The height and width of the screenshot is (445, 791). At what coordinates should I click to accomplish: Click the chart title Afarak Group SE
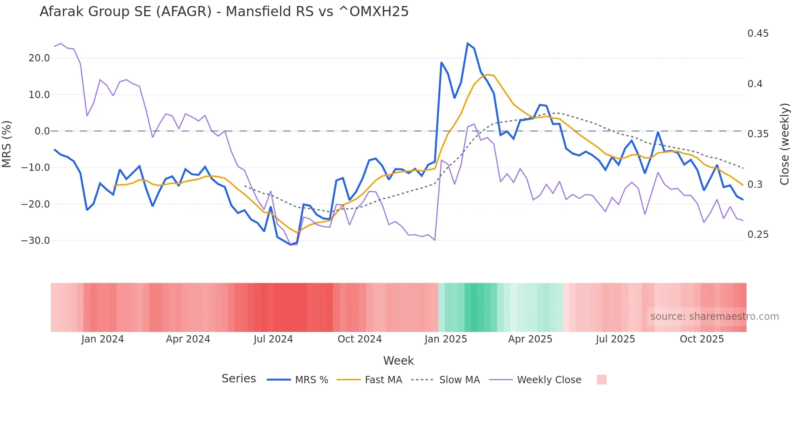pyautogui.click(x=224, y=12)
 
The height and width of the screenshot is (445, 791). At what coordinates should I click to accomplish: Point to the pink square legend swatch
pyautogui.click(x=601, y=380)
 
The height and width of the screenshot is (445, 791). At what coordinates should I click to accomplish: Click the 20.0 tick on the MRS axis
pyautogui.click(x=39, y=58)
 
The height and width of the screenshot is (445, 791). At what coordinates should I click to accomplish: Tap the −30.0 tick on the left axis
pyautogui.click(x=36, y=241)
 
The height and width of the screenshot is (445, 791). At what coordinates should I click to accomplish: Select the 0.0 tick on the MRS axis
pyautogui.click(x=42, y=131)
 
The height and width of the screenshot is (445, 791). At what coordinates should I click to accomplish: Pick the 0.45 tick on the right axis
pyautogui.click(x=758, y=34)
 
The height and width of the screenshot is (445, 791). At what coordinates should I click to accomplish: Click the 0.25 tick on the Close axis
pyautogui.click(x=758, y=235)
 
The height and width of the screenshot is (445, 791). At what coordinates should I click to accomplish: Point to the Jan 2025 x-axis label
pyautogui.click(x=446, y=339)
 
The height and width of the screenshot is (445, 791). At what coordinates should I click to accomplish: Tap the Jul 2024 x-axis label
pyautogui.click(x=273, y=339)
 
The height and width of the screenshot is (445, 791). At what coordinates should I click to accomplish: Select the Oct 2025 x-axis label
pyautogui.click(x=702, y=339)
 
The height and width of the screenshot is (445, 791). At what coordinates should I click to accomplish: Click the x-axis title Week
pyautogui.click(x=398, y=361)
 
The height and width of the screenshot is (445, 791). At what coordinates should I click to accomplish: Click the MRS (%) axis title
pyautogui.click(x=7, y=144)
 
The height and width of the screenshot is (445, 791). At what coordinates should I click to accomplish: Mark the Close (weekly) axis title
pyautogui.click(x=784, y=144)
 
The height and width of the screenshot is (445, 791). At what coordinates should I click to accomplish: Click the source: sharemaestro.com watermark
pyautogui.click(x=714, y=317)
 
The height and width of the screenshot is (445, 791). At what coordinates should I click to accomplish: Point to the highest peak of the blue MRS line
pyautogui.click(x=467, y=43)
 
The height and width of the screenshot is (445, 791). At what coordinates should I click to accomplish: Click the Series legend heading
pyautogui.click(x=239, y=379)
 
